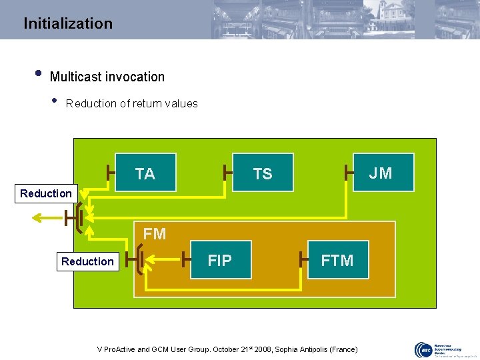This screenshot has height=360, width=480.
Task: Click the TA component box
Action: coord(145,173)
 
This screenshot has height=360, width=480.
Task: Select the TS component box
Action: coord(263,173)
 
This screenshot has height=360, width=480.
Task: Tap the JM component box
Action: coord(381,173)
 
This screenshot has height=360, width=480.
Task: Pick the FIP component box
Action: coord(220,260)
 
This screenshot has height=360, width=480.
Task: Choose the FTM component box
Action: coord(337,260)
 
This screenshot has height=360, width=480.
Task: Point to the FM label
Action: coord(155,234)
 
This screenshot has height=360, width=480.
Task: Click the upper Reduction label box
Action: coord(46,193)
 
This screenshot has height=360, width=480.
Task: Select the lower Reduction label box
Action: coord(87,261)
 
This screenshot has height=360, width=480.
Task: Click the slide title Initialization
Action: coord(68,23)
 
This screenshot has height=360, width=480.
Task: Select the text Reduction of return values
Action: coord(132,103)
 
